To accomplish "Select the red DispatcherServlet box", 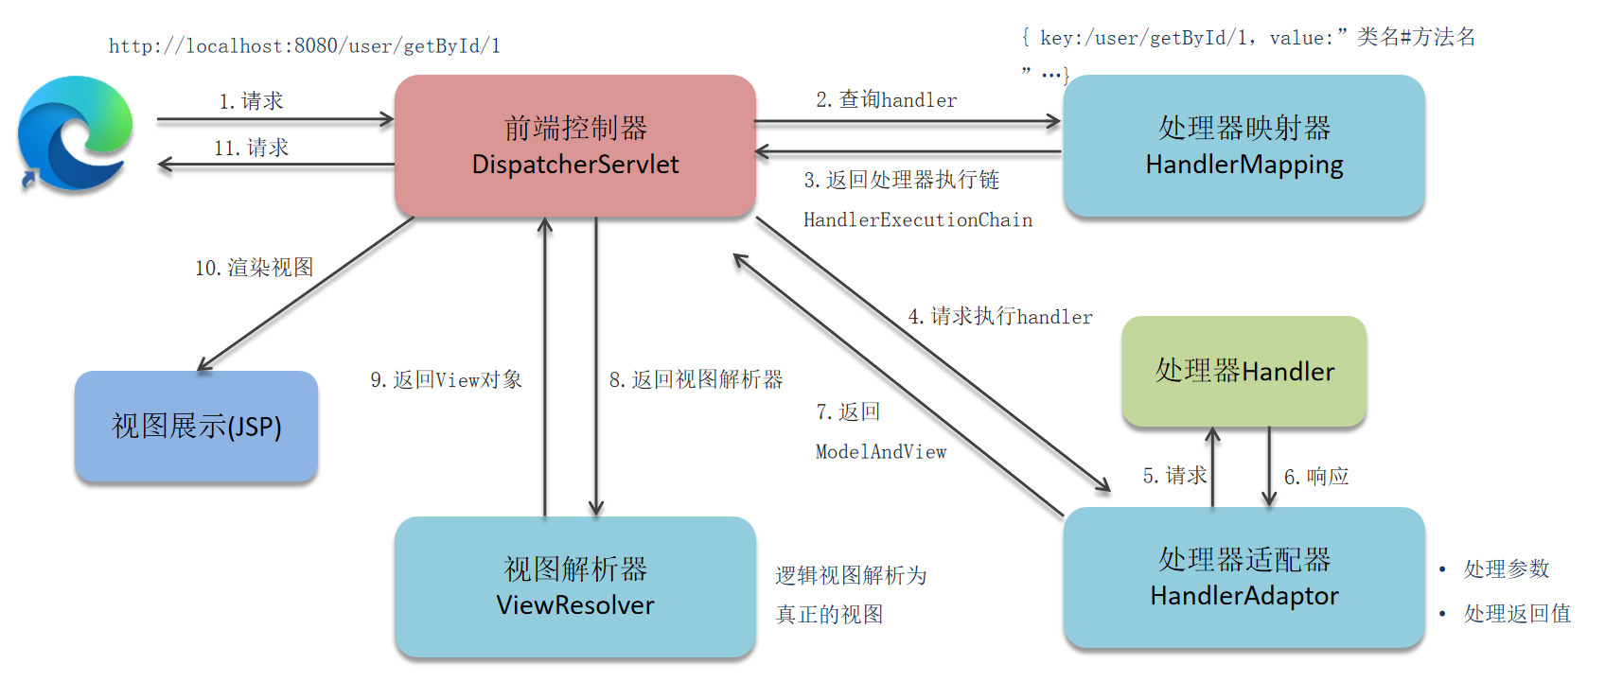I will [x=574, y=146].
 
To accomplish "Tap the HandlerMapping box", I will [x=1243, y=146].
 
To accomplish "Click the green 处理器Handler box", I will [x=1243, y=371].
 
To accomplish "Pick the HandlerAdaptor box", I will [x=1243, y=577].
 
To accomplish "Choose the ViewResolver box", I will [x=574, y=586].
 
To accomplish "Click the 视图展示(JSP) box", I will [x=196, y=426].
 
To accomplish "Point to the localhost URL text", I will [x=304, y=45].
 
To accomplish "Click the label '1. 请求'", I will [x=251, y=101].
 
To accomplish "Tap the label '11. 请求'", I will [x=251, y=148].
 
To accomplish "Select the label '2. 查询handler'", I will [x=886, y=99].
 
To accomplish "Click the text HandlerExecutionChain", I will [x=917, y=219].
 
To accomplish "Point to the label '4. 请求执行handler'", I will [x=999, y=316].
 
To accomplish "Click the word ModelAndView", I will [x=880, y=452].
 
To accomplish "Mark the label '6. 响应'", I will [x=1315, y=477].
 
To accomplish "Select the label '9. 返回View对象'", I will [x=446, y=379].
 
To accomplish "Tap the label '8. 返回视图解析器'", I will [x=696, y=379].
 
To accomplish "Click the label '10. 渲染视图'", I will [x=254, y=268].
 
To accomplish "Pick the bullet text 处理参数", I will [x=1506, y=568].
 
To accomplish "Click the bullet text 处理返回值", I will [x=1516, y=613].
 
